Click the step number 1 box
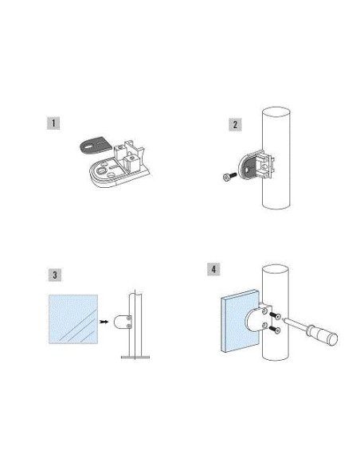coord(53,123)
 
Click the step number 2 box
coord(235,125)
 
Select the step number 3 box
coord(53,275)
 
